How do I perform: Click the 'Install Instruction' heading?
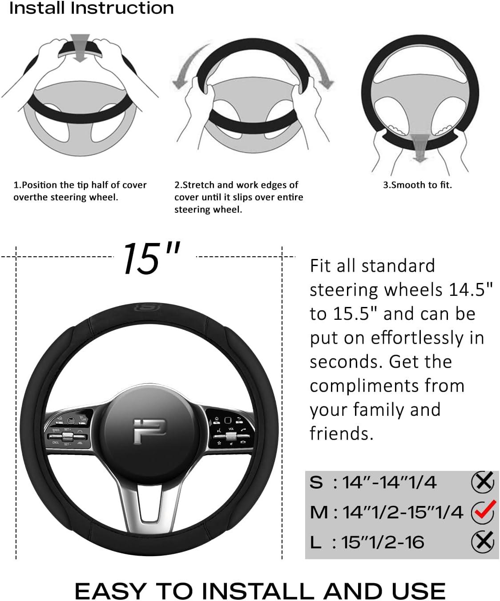(x=91, y=8)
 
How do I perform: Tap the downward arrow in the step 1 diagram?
(x=80, y=46)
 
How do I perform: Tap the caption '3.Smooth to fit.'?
(x=417, y=185)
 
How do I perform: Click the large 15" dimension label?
(x=151, y=259)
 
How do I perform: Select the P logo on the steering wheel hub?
(x=149, y=431)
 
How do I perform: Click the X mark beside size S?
(x=483, y=482)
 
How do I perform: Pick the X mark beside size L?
(x=483, y=541)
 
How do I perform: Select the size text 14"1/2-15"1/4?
(x=403, y=512)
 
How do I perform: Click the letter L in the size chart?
(x=315, y=542)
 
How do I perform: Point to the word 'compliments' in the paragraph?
(x=387, y=386)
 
